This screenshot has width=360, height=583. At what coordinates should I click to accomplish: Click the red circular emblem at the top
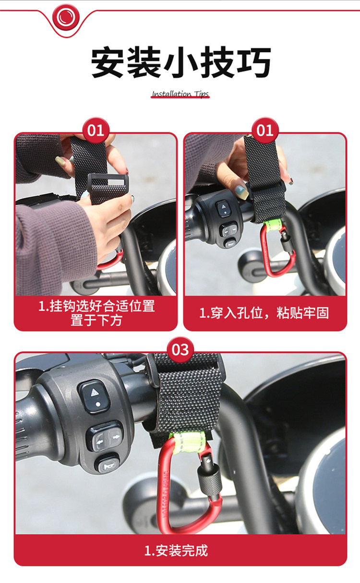coord(66,17)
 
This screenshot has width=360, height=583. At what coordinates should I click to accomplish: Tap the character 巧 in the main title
coord(254,62)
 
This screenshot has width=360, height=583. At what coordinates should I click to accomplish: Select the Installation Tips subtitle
coord(180,94)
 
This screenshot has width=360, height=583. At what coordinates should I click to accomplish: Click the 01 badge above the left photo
coord(96,131)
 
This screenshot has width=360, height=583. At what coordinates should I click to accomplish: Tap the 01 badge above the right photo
coord(265,131)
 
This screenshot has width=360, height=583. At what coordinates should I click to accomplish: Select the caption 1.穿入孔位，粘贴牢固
coord(264,313)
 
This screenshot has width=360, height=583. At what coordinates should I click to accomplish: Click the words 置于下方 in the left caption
coord(96,321)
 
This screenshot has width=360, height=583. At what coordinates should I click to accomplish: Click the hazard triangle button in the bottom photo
coord(94,397)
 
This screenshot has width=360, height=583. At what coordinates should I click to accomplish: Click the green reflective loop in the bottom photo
coord(189,443)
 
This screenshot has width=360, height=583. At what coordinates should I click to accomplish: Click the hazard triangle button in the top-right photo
coord(223,208)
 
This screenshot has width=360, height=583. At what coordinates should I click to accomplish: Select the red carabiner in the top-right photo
coord(278,250)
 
